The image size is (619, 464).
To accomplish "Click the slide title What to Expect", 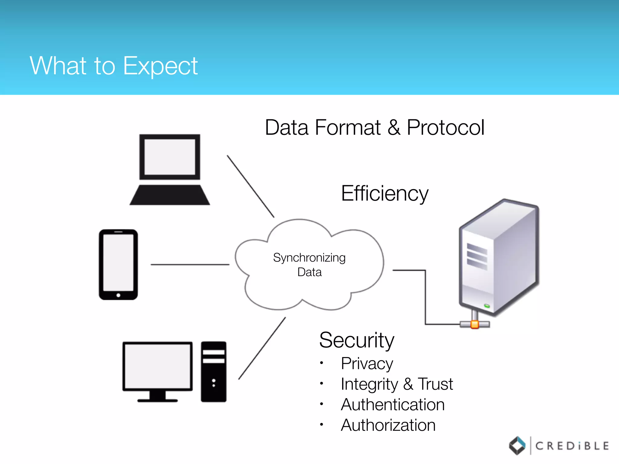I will pos(114,66).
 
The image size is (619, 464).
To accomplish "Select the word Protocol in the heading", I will pos(446,127).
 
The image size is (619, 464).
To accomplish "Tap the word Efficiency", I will pos(384,193).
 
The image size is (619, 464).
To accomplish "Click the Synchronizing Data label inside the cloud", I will pos(309,265).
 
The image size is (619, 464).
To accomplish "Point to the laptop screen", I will pos(170,157).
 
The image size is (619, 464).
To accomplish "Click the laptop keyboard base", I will pos(170,195).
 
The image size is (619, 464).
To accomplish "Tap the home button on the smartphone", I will pos(118,295).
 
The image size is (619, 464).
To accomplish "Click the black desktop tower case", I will pos(214,372).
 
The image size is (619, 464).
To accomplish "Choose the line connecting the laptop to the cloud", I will pos(251,186).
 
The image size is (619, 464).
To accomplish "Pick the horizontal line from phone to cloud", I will pos(190,265).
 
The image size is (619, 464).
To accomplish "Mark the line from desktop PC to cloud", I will pos(262,348).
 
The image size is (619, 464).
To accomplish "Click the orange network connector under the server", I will pos(475,324).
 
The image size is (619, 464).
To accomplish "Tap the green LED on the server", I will pos(487,306).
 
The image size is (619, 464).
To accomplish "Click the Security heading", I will pos(357,340).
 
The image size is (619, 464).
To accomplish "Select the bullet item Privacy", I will pos(367,363).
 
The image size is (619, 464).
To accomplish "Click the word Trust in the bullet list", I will pos(435,384).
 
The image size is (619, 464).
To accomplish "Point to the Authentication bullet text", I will pos(393,405).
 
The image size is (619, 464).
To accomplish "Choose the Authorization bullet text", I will pos(388,425).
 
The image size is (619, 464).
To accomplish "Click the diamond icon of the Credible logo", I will pos(517,446).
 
